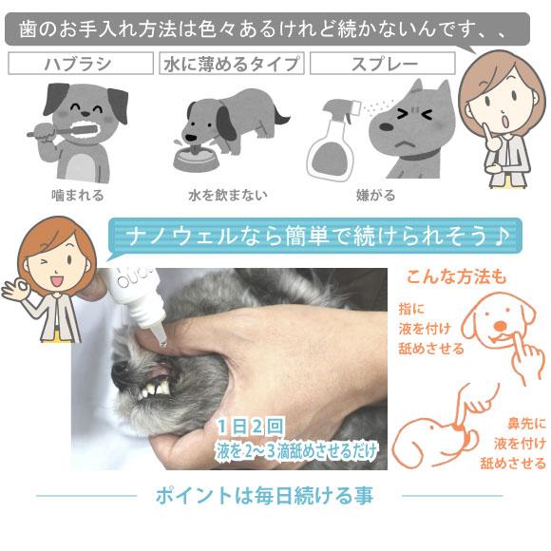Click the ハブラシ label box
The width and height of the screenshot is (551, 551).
coord(80,64)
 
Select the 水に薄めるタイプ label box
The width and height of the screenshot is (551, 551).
coord(232,64)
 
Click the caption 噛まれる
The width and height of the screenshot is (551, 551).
coord(78,195)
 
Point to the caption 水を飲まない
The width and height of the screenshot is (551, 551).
coord(228,195)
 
